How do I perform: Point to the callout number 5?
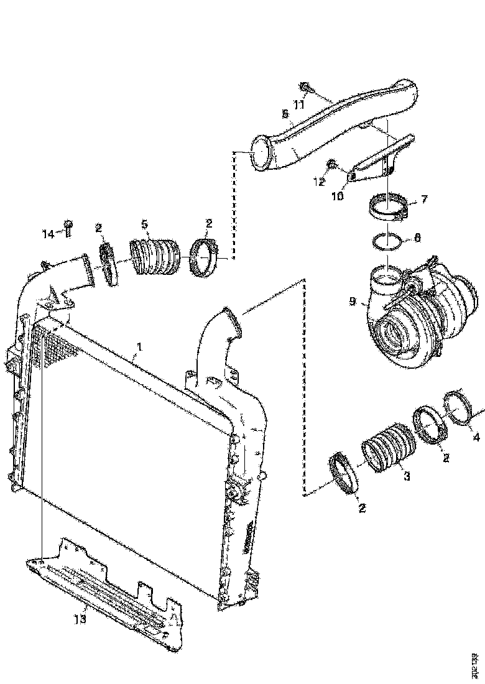(144, 223)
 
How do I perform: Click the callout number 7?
(424, 200)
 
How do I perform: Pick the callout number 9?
(352, 302)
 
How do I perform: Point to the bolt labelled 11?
(306, 86)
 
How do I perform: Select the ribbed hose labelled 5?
(155, 256)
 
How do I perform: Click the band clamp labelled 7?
(386, 207)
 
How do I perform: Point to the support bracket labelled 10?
(379, 159)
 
